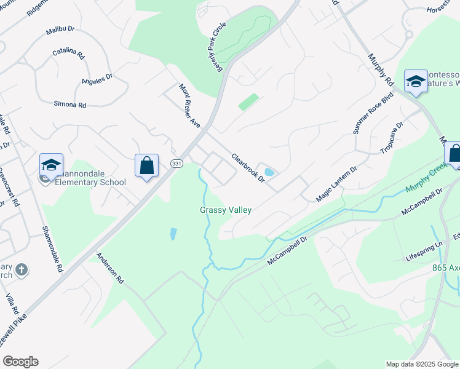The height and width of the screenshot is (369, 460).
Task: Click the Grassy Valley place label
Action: point(226,210)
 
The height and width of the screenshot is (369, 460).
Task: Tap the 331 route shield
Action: point(177,164)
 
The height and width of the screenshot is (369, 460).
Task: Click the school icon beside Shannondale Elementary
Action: point(52,165)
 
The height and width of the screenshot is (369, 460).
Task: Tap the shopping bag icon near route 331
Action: point(146,165)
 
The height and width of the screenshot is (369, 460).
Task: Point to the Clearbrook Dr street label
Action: point(248,167)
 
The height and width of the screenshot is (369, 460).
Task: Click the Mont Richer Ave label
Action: point(190,106)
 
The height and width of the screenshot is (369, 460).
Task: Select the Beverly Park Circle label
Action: point(218,47)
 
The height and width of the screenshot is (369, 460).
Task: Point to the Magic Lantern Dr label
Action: point(336,184)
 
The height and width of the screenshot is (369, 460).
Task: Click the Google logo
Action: point(20,361)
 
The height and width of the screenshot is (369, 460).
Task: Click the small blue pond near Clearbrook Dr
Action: point(268,172)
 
